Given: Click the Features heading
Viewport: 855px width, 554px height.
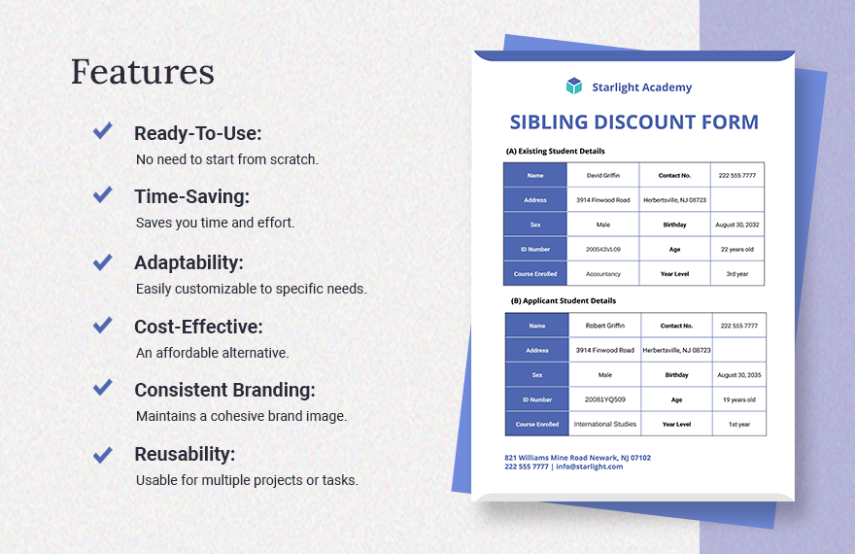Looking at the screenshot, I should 143,72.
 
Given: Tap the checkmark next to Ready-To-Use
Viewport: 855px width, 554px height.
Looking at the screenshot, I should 102,131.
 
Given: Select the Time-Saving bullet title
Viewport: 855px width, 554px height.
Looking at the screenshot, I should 191,196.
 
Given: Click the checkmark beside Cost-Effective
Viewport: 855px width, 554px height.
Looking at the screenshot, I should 102,326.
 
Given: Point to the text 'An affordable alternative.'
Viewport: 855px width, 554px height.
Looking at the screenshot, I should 212,353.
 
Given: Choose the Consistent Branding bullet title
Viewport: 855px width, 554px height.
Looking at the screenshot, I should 224,390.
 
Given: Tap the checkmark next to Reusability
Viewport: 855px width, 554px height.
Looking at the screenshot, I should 102,454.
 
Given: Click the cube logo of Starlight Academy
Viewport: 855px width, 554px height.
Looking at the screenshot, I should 574,87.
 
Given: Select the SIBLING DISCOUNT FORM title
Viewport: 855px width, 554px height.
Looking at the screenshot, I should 633,122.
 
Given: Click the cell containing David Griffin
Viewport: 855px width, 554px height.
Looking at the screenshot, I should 602,176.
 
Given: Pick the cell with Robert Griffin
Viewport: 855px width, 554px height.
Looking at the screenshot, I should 604,326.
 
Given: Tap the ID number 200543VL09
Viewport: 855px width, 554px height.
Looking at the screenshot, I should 602,250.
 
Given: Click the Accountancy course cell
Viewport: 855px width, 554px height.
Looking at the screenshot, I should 602,274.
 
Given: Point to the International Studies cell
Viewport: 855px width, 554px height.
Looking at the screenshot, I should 604,424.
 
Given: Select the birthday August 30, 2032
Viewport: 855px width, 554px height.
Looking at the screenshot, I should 737,225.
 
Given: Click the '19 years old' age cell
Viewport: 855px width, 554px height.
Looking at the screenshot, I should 738,399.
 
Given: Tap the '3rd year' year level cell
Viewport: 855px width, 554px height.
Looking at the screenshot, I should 737,274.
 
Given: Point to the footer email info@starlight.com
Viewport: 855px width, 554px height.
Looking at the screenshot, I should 590,467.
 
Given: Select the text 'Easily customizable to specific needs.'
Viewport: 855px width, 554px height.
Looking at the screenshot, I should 251,289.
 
